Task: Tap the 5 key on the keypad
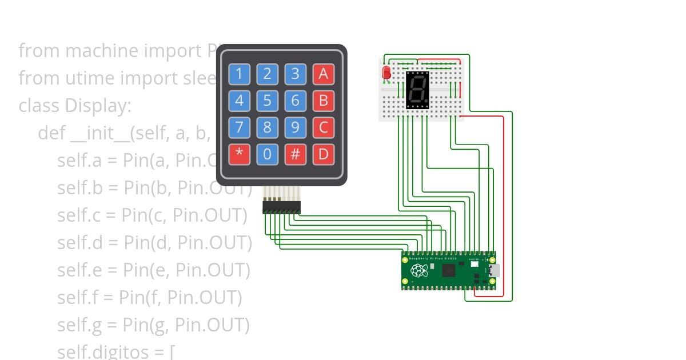(267, 101)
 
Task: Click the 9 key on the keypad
(295, 127)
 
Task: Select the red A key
(323, 74)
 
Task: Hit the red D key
(323, 154)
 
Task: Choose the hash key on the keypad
(295, 154)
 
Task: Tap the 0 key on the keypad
(267, 154)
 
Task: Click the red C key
(323, 127)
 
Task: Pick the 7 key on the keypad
(239, 127)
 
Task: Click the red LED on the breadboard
(386, 73)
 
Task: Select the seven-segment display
(417, 90)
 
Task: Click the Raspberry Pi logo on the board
(419, 270)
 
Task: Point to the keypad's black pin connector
(281, 207)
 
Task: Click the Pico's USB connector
(493, 270)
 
